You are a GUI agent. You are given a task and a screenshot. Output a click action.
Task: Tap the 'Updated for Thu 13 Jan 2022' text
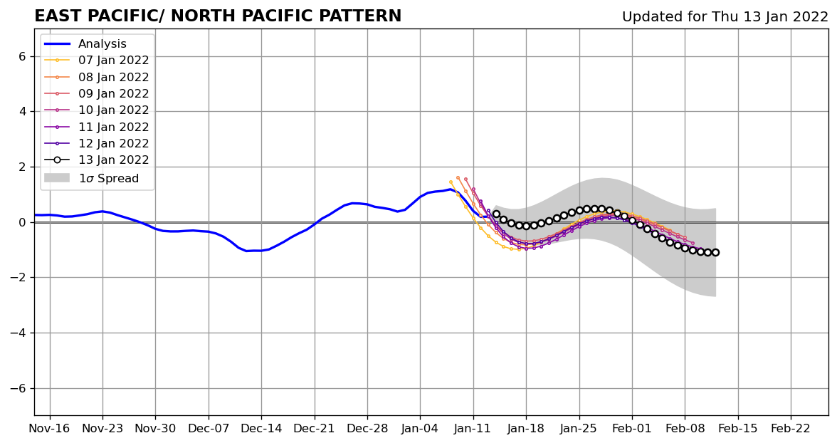tap(725, 17)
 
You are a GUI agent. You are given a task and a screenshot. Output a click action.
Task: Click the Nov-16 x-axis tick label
tap(50, 429)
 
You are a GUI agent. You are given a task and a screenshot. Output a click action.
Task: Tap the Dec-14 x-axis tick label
tap(261, 429)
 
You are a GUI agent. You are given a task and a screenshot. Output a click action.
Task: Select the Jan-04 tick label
tap(420, 429)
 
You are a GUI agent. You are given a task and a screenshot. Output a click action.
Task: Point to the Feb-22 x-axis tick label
tap(791, 429)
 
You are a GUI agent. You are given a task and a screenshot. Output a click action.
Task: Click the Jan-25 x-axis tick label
tap(579, 429)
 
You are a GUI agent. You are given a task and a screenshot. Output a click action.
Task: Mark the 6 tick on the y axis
tap(21, 56)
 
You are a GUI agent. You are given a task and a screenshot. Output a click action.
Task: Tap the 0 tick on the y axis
tap(21, 222)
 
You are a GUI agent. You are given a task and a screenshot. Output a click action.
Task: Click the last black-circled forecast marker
tap(715, 252)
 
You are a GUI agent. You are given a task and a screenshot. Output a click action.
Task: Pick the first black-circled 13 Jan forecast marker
tap(496, 214)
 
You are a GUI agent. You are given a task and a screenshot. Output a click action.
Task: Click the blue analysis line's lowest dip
tap(248, 251)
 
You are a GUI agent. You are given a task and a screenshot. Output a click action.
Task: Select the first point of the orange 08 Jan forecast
tap(458, 178)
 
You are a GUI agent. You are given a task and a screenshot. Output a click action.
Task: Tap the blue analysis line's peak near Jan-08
tap(451, 189)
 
